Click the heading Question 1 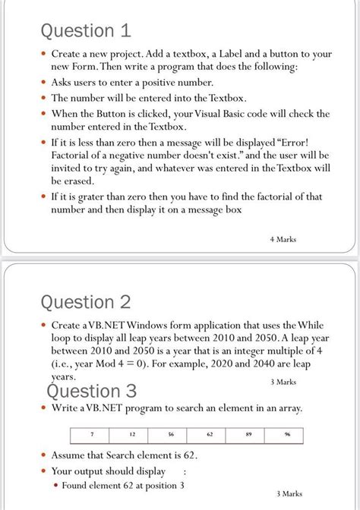(88, 31)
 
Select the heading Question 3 (92, 391)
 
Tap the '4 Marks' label (283, 240)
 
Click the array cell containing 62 (210, 436)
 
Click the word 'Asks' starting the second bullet (64, 82)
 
